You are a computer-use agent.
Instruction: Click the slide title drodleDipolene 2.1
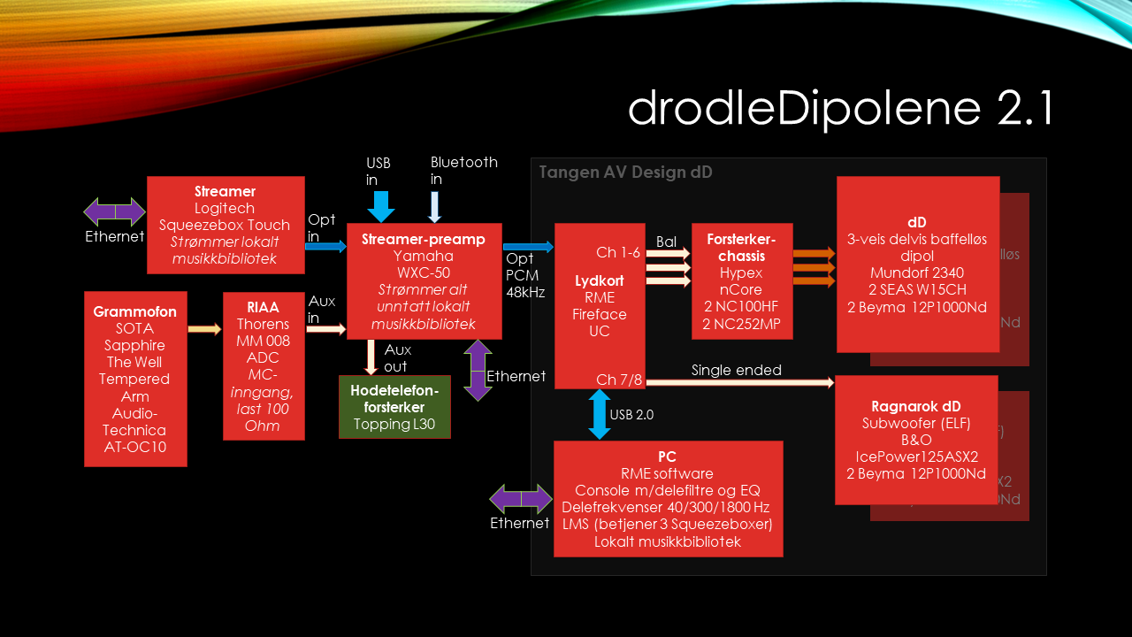click(840, 109)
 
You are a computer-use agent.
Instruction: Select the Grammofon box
click(135, 379)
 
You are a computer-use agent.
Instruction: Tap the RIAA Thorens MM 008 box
click(264, 365)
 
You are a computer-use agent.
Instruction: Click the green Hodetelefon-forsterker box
click(394, 407)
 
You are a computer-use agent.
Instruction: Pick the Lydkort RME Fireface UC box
click(599, 305)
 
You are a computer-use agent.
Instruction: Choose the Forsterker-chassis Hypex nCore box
click(741, 280)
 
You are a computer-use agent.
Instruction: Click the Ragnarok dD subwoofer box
click(915, 440)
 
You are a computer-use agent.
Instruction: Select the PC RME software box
click(668, 499)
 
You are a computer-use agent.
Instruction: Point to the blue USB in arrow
click(381, 205)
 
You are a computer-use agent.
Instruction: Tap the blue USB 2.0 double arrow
click(600, 414)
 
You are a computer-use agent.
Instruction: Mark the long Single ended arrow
click(739, 382)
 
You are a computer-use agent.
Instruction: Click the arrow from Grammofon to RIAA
click(205, 330)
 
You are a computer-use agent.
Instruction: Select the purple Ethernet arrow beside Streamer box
click(114, 212)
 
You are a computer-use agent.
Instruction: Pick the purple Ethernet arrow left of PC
click(521, 499)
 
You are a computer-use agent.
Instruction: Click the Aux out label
click(397, 358)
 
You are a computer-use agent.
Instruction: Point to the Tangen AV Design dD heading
click(625, 173)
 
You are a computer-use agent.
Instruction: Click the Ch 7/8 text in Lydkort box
click(618, 380)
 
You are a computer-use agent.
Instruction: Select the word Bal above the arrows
click(666, 242)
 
